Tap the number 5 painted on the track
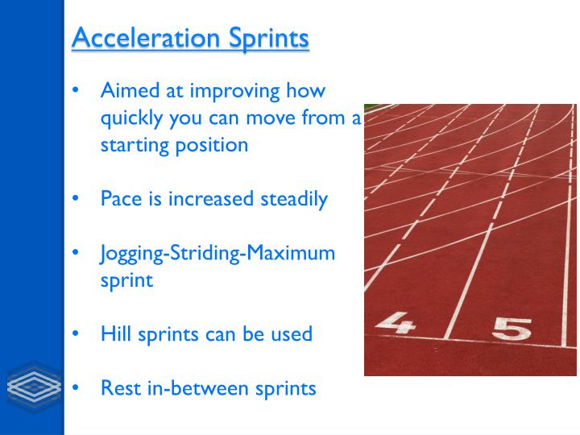pos(512,329)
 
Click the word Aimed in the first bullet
pos(125,91)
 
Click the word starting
pos(132,146)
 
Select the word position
pos(213,146)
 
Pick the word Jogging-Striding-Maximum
pos(217,254)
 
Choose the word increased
pos(211,199)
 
